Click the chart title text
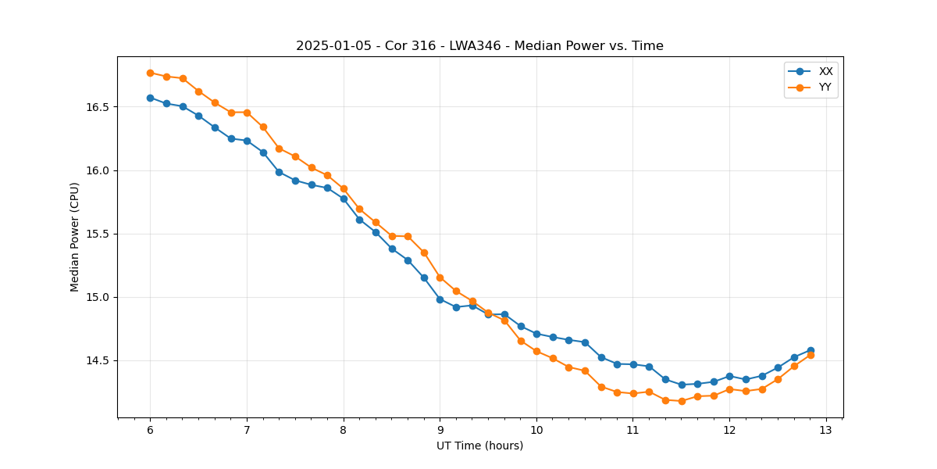click(x=479, y=46)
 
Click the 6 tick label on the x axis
click(x=150, y=431)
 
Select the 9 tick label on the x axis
click(x=440, y=431)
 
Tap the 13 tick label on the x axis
click(x=826, y=431)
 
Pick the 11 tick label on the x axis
click(x=633, y=431)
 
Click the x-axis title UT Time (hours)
click(x=479, y=446)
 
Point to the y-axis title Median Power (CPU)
click(x=75, y=237)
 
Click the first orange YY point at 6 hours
click(x=150, y=73)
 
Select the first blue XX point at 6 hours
click(x=150, y=98)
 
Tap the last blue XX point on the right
click(x=811, y=350)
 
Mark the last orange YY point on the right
click(x=811, y=355)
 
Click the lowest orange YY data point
click(x=682, y=401)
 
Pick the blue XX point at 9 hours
click(x=440, y=299)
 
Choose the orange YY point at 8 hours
click(x=344, y=188)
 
